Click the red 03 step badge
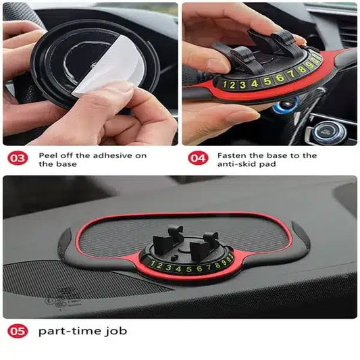click(x=18, y=159)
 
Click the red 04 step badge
click(x=197, y=159)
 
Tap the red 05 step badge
click(x=18, y=332)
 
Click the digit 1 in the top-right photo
click(x=225, y=85)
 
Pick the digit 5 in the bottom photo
click(x=184, y=268)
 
